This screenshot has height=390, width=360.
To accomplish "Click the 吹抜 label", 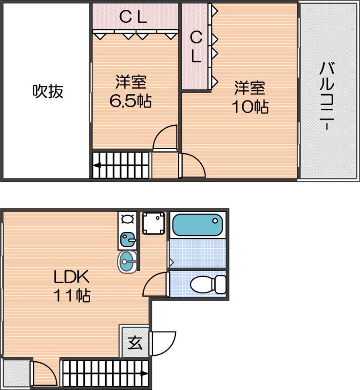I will (48, 91).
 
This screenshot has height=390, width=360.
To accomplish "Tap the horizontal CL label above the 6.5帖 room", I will (133, 18).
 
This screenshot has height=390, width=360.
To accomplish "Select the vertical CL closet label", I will (196, 46).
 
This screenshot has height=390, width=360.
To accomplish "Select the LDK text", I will (71, 277).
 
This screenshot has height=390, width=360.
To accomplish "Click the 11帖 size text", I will (71, 295).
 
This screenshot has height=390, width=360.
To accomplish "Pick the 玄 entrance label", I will (135, 343).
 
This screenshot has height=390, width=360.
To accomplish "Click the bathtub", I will (197, 226).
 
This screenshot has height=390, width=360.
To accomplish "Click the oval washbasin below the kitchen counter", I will (128, 262).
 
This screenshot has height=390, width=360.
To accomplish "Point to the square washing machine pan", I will (154, 223).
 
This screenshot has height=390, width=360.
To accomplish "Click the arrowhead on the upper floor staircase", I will (96, 165).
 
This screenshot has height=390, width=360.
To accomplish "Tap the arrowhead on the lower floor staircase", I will (145, 374).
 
